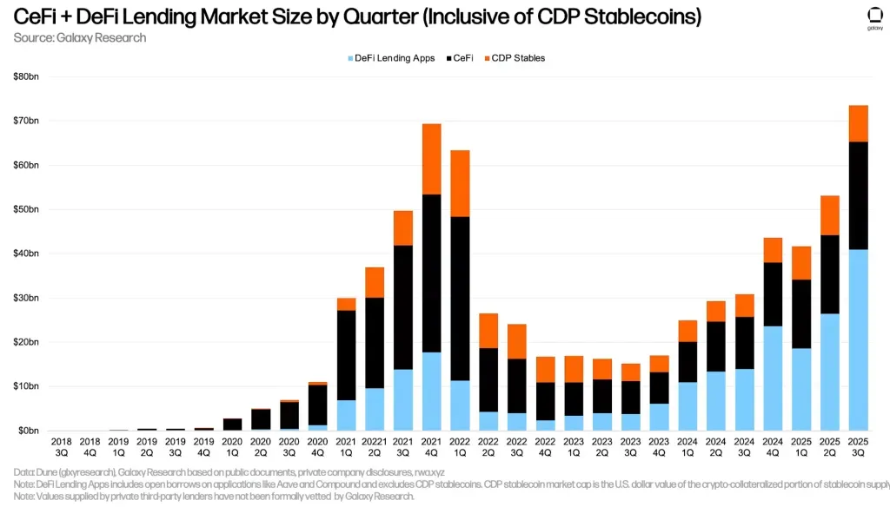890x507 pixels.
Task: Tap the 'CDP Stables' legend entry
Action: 518,58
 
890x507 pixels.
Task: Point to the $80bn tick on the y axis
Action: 26,77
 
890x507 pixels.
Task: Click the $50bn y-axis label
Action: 26,210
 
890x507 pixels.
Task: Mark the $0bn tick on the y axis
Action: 28,431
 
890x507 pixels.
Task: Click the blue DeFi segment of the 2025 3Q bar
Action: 858,339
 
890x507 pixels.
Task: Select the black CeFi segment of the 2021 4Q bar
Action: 432,273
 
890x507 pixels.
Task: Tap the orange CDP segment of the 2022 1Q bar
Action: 461,183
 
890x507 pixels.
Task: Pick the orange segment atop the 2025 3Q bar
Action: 858,123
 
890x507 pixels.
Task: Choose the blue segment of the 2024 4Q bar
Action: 773,378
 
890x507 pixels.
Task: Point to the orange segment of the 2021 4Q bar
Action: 432,159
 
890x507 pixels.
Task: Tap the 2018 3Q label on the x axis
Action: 62,447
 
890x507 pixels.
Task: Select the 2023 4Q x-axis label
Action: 660,447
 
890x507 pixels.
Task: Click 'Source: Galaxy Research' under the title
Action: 80,37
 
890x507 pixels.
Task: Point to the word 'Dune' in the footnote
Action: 48,472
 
